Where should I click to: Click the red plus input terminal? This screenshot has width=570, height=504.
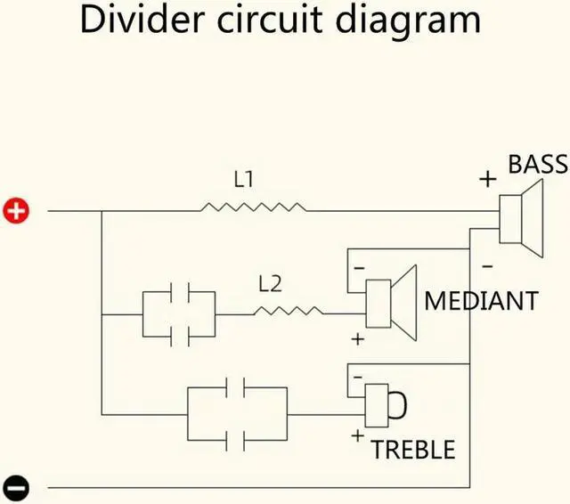coord(17,211)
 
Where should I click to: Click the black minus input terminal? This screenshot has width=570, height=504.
coord(17,488)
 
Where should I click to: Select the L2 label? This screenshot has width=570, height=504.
coord(270,284)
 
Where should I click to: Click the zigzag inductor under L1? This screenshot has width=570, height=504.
coord(254,207)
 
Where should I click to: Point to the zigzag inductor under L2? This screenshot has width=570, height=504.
coord(288,312)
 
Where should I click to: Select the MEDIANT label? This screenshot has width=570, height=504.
coord(481,300)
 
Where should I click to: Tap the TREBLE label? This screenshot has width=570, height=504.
coord(413,449)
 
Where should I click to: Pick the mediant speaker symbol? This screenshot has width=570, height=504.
coord(391,304)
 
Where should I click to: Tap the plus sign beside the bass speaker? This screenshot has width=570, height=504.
coord(487,179)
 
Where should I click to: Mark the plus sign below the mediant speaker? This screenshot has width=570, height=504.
coord(359,339)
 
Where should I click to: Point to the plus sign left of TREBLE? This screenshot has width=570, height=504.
coord(358,435)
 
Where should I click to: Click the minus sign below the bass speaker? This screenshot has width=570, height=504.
coord(487,265)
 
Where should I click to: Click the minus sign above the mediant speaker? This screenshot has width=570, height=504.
coord(358,267)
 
